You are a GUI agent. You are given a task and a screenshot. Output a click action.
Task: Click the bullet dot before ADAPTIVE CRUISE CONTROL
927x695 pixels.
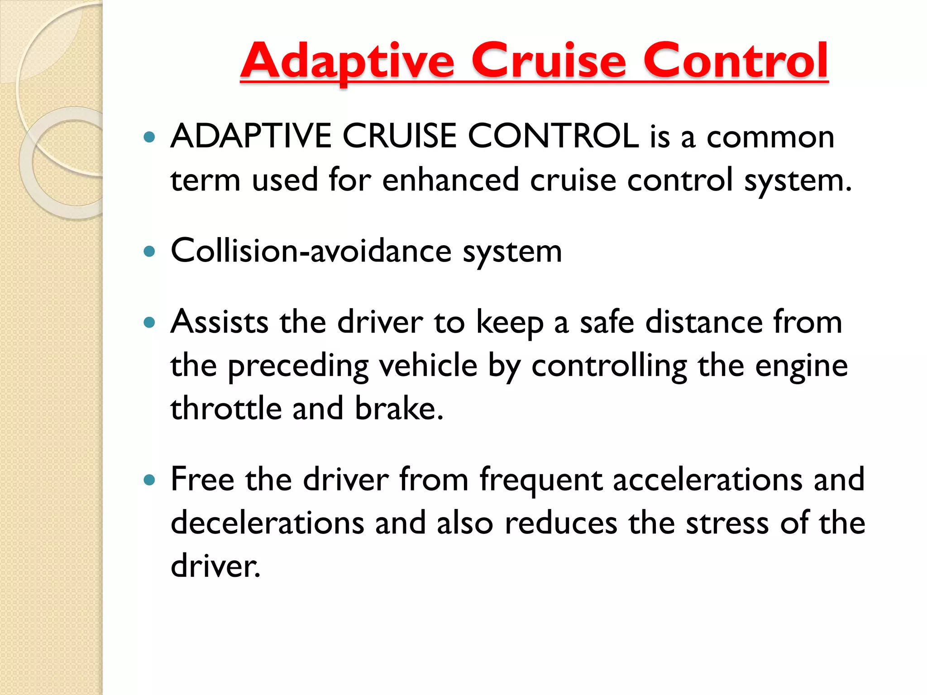tap(149, 137)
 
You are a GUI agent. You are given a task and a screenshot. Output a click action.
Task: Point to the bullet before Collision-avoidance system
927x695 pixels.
tap(149, 251)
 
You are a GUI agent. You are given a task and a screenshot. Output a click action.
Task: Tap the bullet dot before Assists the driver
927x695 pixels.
tap(149, 323)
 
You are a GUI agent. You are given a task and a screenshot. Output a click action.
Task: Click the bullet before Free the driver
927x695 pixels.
tap(149, 480)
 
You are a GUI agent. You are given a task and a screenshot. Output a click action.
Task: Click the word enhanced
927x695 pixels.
tap(450, 180)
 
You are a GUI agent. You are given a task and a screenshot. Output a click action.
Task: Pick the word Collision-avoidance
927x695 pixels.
tap(311, 251)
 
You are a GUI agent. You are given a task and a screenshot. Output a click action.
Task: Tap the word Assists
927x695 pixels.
tap(220, 322)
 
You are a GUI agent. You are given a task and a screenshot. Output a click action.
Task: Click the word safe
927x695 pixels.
tap(607, 322)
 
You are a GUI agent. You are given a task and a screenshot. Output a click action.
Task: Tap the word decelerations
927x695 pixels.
tap(268, 523)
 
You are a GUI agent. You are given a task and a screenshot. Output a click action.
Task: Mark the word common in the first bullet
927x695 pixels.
tap(770, 137)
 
